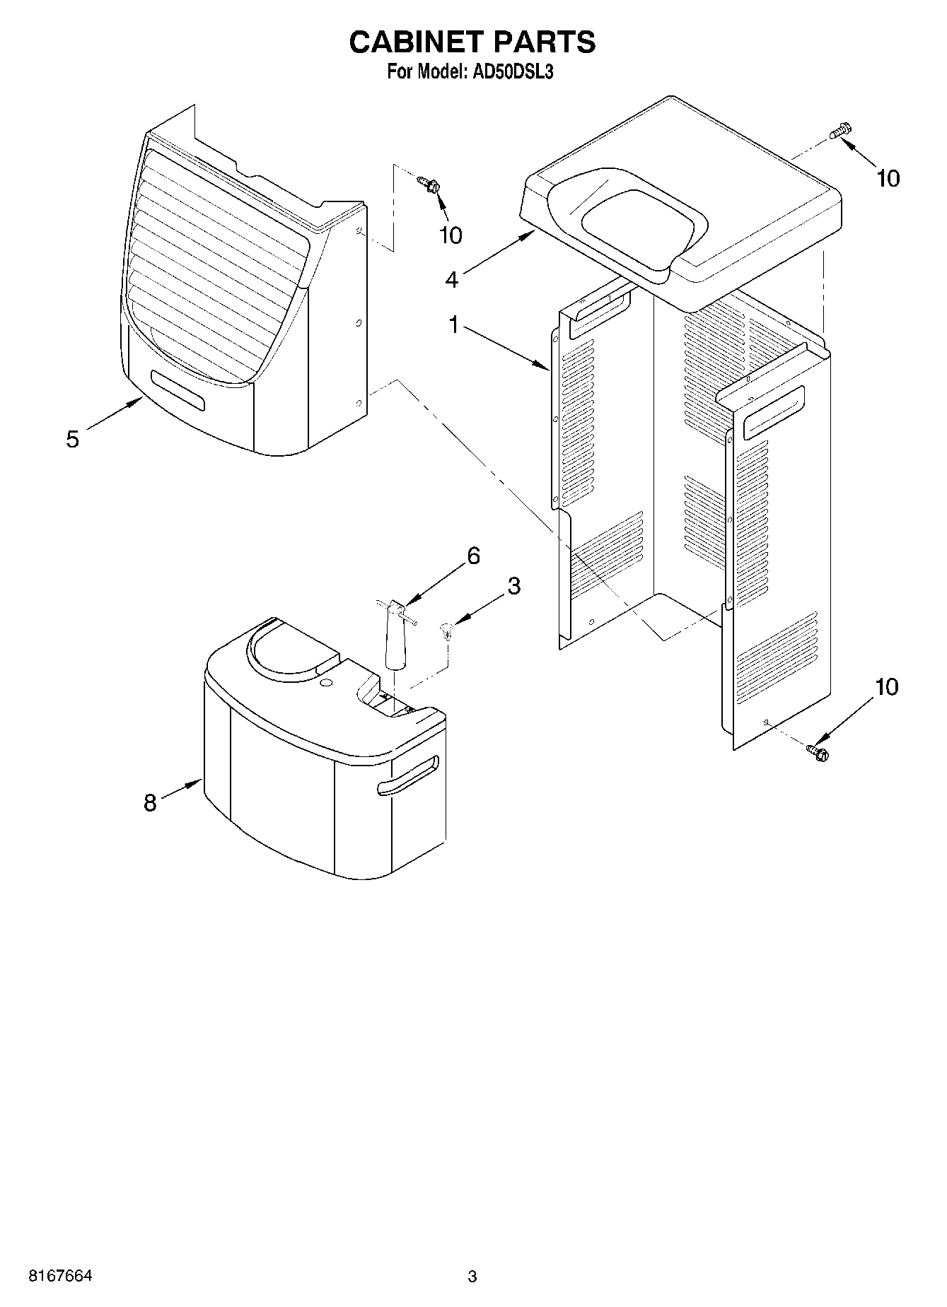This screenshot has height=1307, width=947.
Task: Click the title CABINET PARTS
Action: tap(472, 42)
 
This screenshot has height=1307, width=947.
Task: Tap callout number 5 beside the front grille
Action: tap(73, 439)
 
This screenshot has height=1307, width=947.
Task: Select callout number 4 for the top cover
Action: tap(452, 280)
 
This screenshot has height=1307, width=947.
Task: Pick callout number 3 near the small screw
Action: tap(513, 585)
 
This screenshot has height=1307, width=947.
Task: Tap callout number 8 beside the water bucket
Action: tap(150, 802)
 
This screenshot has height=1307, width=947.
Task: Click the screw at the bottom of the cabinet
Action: tap(818, 752)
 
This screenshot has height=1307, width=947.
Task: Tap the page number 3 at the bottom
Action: tap(472, 1277)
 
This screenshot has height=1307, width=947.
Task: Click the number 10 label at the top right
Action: tap(888, 179)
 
